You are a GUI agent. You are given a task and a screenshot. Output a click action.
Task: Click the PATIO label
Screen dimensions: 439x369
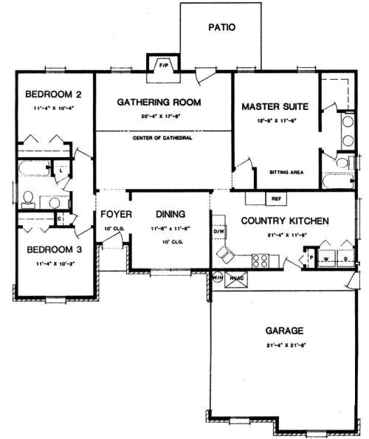(221, 27)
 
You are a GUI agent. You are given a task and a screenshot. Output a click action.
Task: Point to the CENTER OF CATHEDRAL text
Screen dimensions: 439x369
(163, 138)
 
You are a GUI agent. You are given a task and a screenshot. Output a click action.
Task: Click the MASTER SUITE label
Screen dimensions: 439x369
(275, 107)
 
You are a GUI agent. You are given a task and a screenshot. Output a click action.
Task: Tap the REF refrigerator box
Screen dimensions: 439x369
(276, 198)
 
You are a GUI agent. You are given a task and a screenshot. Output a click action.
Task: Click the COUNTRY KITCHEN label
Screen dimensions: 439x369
(285, 221)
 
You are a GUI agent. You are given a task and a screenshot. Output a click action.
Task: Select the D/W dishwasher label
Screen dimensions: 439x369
(218, 231)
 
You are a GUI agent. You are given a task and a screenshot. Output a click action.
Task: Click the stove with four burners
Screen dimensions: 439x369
(261, 260)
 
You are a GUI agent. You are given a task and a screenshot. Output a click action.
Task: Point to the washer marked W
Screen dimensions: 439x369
(325, 259)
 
